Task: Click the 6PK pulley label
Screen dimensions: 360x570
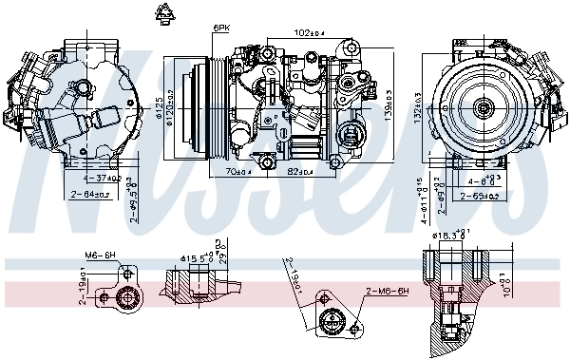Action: [x=221, y=28]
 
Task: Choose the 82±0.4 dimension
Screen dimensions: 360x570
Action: [x=301, y=172]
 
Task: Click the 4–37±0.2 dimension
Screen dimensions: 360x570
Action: [x=101, y=178]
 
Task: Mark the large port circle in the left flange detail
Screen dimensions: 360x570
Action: [x=123, y=301]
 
